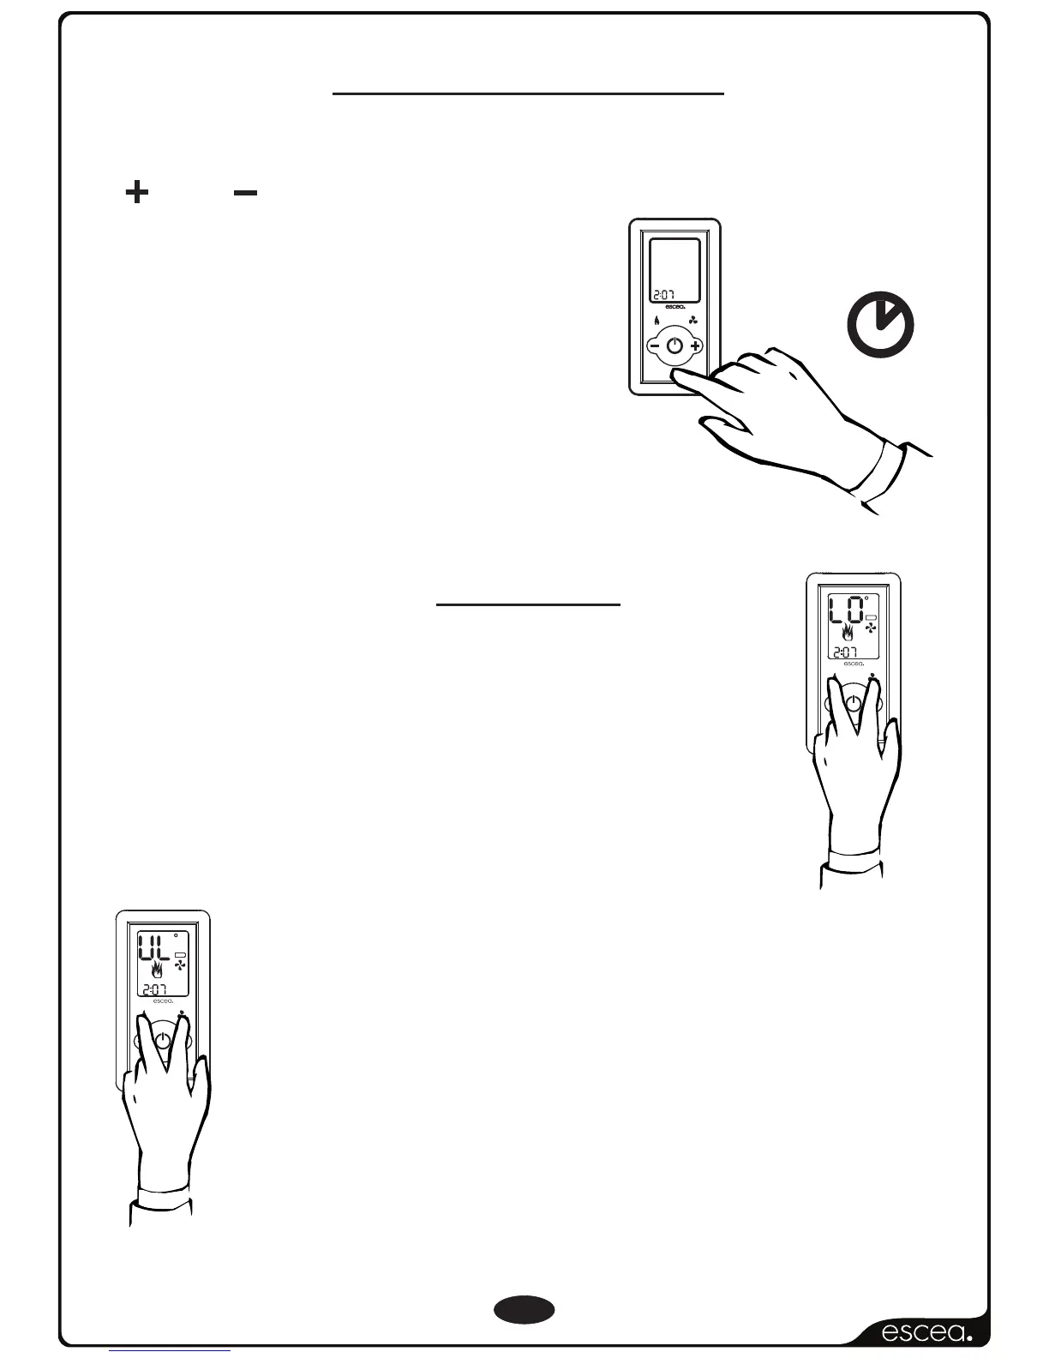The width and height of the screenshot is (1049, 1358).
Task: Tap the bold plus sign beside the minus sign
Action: pos(136,192)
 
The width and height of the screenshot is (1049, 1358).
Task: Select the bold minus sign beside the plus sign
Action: pos(245,193)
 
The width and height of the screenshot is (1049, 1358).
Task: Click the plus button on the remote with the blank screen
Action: pos(694,346)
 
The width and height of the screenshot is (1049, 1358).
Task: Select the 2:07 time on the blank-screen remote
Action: pos(665,293)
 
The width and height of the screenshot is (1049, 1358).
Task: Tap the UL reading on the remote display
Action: pos(154,949)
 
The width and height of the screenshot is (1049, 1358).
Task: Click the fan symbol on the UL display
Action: pos(180,966)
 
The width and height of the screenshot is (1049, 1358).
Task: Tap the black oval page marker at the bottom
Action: pos(524,1310)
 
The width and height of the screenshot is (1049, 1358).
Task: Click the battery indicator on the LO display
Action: pos(872,617)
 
